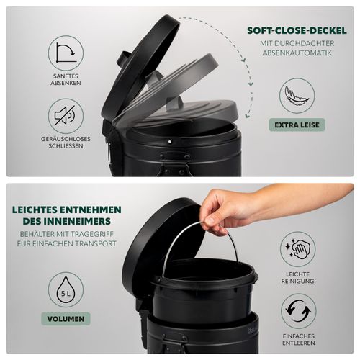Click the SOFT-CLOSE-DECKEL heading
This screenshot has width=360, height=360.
point(297,31)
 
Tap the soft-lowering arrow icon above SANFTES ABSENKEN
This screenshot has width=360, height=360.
point(66,53)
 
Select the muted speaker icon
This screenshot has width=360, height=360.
point(66,116)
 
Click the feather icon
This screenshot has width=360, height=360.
point(297,96)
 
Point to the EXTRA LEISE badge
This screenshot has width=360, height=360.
point(297,125)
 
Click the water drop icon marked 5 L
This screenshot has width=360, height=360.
point(66,289)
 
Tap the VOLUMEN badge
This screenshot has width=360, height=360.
point(66,319)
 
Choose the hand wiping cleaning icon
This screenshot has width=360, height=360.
point(297,249)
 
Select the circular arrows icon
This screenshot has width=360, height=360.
point(299,311)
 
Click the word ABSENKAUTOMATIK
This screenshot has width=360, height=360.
point(297,53)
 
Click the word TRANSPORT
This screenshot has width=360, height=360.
point(96,243)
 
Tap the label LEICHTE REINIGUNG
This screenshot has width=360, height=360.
point(297,277)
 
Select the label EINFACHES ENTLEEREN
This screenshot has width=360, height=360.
point(299,339)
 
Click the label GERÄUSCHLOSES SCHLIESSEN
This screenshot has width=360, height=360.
point(66,143)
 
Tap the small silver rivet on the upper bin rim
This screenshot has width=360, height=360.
point(170,142)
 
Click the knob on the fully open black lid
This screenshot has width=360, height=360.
point(123,59)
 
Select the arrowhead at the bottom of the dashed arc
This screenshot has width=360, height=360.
point(247,115)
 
